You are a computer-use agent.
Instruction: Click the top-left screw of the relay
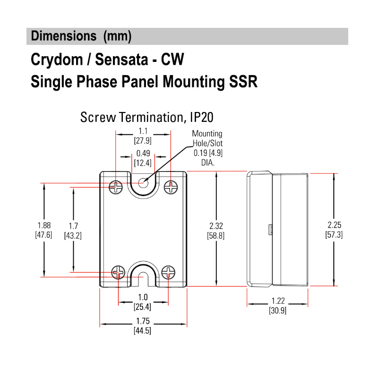(x=116, y=188)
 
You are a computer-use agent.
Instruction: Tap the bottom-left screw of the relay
(x=118, y=272)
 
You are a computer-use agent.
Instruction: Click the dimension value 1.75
(x=143, y=322)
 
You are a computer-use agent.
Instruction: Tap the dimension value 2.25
(x=334, y=225)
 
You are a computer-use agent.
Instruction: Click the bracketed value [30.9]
(x=277, y=310)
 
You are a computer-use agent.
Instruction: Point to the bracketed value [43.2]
(x=73, y=234)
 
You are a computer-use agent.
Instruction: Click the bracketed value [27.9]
(x=143, y=140)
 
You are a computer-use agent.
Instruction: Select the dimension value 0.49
(x=143, y=154)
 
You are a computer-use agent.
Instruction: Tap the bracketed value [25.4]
(x=143, y=307)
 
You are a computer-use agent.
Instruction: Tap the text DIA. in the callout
(x=206, y=162)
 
